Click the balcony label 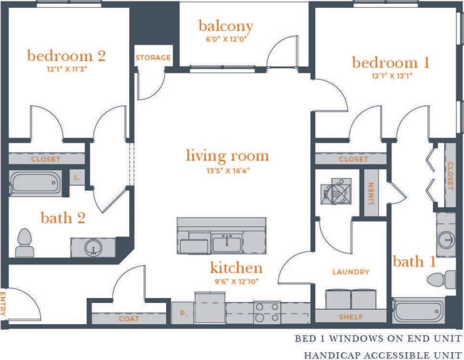pyautogui.click(x=226, y=26)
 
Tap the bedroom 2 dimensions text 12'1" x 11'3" pyautogui.click(x=67, y=69)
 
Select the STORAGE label pyautogui.click(x=153, y=58)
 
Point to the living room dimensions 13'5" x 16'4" pyautogui.click(x=227, y=170)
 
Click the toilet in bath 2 pyautogui.click(x=24, y=243)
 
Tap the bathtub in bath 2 pyautogui.click(x=35, y=183)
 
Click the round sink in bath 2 pyautogui.click(x=93, y=248)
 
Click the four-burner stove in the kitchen pyautogui.click(x=267, y=312)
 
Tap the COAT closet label pyautogui.click(x=129, y=319)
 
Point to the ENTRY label pyautogui.click(x=3, y=303)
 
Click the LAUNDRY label pyautogui.click(x=351, y=272)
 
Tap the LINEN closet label pyautogui.click(x=371, y=193)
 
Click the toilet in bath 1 pyautogui.click(x=443, y=280)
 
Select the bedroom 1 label pyautogui.click(x=390, y=63)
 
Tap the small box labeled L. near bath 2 pyautogui.click(x=77, y=178)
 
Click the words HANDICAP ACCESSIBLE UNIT pyautogui.click(x=383, y=355)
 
